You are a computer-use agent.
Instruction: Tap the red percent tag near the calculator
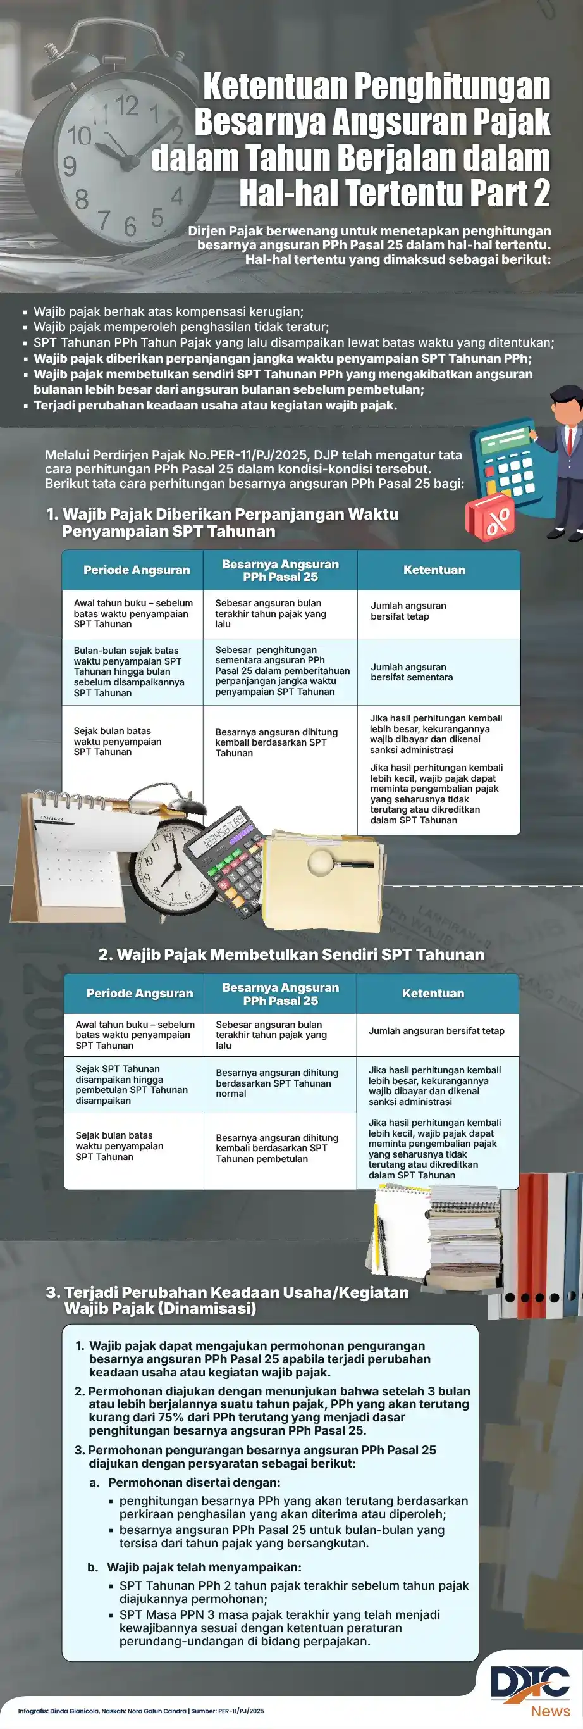(x=491, y=519)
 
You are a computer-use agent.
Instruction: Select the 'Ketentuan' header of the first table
(x=434, y=570)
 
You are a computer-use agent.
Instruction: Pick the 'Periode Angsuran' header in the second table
(x=140, y=993)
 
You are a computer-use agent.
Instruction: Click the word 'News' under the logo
(x=550, y=1711)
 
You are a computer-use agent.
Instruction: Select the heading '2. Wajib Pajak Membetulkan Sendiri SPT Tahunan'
(x=291, y=954)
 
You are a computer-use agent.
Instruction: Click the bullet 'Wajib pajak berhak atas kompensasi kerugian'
(x=168, y=311)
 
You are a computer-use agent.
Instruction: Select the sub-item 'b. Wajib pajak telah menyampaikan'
(x=195, y=1566)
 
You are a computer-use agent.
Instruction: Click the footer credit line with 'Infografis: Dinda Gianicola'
(x=141, y=1711)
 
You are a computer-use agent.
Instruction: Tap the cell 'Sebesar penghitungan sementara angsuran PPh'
(x=280, y=670)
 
